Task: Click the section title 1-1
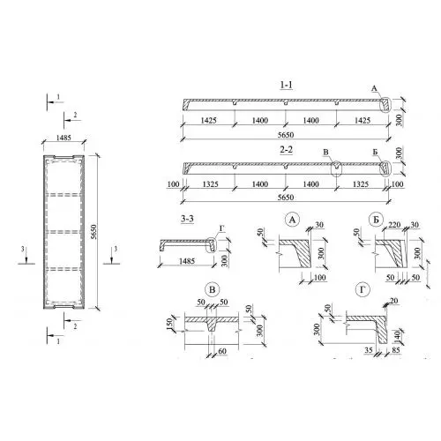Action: coord(286,85)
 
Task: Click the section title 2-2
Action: coord(286,150)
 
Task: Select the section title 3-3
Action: coord(187,219)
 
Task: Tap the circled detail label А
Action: coord(292,220)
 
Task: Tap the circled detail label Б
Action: coord(376,220)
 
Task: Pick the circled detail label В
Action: coord(212,290)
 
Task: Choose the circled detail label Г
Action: coord(363,290)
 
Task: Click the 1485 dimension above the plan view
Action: coord(64,138)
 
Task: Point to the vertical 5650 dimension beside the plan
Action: coord(93,232)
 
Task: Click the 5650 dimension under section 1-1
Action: coord(286,135)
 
